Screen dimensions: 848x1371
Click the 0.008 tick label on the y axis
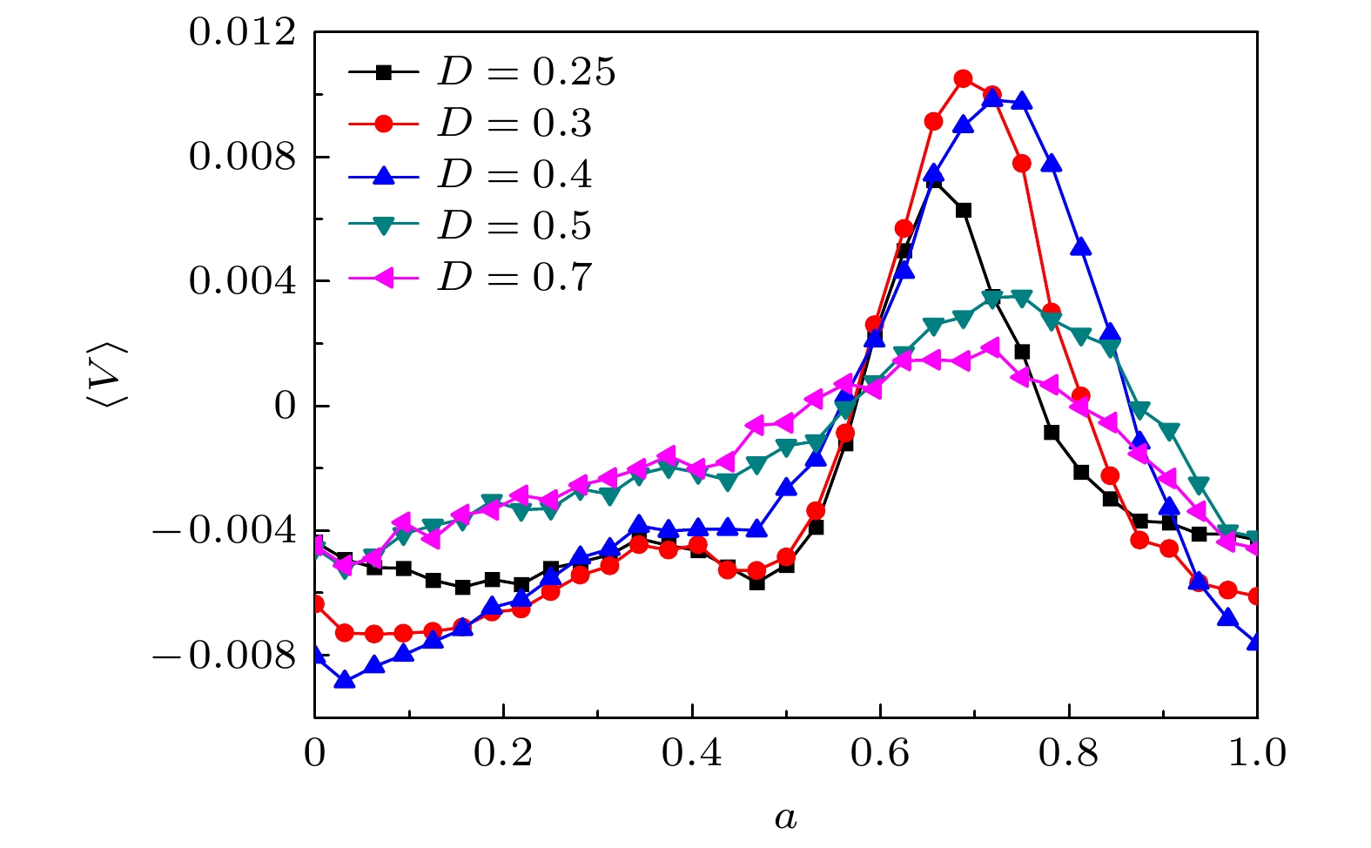[242, 158]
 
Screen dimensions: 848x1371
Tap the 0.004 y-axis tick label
[242, 282]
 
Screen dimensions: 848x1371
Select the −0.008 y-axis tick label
[225, 656]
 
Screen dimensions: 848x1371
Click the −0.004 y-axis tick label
[225, 531]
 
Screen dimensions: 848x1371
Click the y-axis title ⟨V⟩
[108, 374]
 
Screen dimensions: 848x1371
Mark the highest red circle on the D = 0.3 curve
[963, 79]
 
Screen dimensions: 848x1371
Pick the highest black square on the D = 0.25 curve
[934, 181]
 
